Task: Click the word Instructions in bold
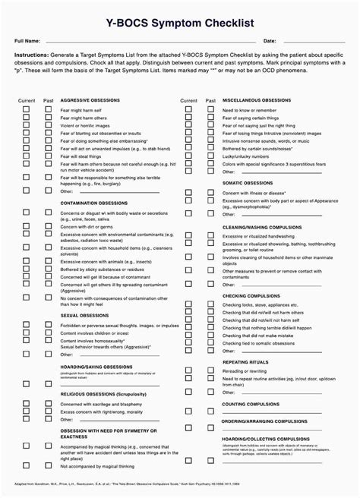click(31, 56)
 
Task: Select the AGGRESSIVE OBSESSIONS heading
click(90, 100)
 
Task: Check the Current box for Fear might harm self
click(27, 109)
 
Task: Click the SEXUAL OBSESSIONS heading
click(84, 315)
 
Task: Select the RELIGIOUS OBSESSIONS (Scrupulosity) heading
click(103, 395)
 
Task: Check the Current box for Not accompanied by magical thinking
click(27, 464)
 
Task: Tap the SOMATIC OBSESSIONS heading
click(247, 182)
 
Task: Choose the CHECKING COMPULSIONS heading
click(251, 295)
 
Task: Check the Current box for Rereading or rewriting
click(188, 370)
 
